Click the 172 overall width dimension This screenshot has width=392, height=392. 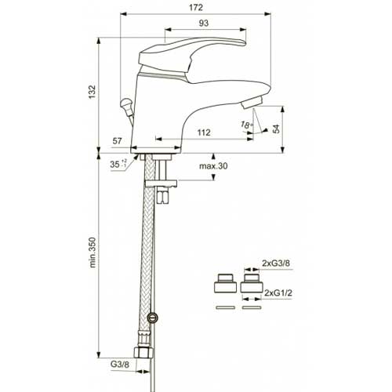[196, 7]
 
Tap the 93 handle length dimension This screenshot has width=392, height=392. [204, 23]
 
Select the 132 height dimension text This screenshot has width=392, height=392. [93, 92]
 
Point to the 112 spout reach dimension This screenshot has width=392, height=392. [204, 132]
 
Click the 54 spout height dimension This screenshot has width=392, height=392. [276, 129]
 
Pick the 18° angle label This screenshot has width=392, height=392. [247, 124]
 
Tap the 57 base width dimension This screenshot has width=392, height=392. [117, 141]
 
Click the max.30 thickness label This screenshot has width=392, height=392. [213, 166]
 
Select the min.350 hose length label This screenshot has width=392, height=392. [93, 252]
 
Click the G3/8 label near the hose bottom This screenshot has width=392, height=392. [120, 364]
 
